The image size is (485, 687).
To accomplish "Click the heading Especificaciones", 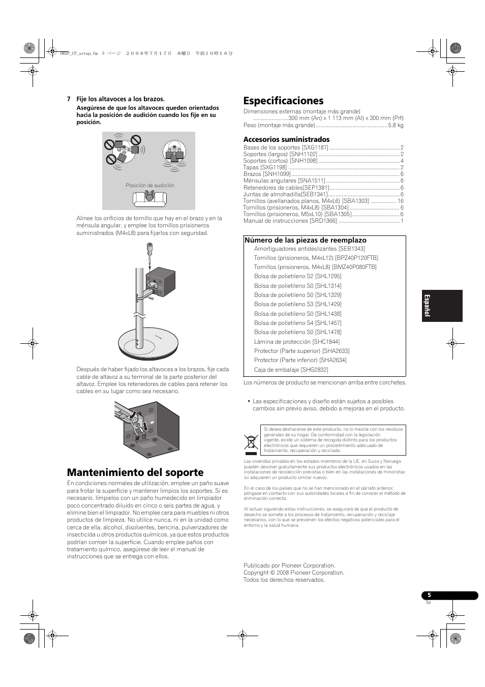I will (x=283, y=101).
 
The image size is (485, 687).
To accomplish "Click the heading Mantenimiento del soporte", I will (x=135, y=472).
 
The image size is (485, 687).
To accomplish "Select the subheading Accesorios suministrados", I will (x=286, y=139).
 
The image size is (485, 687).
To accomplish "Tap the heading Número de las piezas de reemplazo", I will (x=305, y=240).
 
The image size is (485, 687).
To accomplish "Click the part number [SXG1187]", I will (x=315, y=147).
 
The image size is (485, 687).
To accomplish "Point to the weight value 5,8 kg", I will (x=396, y=125).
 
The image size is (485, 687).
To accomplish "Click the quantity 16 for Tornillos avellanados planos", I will (x=401, y=201).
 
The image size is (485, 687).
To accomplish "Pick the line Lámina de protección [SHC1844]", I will (x=297, y=342).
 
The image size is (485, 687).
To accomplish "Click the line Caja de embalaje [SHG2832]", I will (x=291, y=370).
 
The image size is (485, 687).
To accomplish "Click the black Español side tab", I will (x=442, y=306).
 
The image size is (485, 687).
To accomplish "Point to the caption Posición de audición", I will (x=150, y=186).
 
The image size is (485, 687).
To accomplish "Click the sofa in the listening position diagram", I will (x=149, y=198).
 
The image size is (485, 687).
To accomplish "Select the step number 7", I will (x=69, y=99).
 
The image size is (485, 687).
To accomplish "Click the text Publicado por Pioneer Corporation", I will (x=289, y=565).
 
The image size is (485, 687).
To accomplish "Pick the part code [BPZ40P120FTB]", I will (x=356, y=258).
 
